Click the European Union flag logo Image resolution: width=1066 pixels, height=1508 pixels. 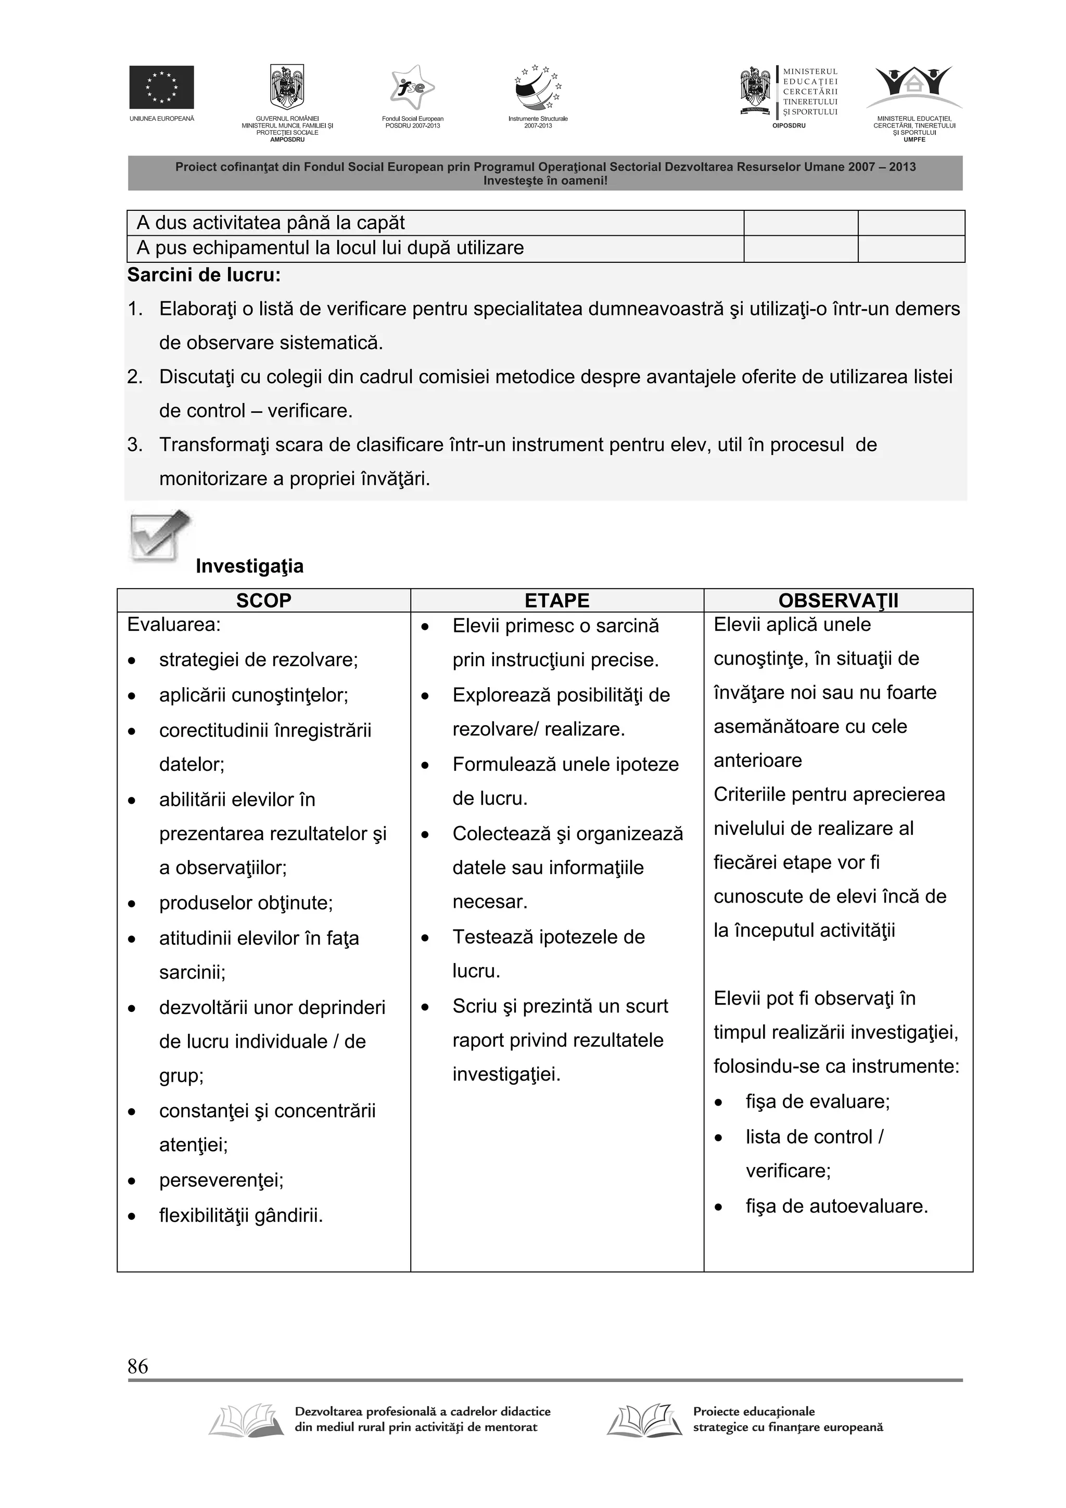click(x=161, y=87)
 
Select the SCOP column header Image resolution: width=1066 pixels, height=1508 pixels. click(x=263, y=600)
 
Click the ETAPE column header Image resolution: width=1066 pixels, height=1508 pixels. click(x=557, y=600)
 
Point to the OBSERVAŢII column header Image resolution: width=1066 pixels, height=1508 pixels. click(x=838, y=600)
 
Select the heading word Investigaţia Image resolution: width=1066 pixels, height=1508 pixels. click(x=250, y=566)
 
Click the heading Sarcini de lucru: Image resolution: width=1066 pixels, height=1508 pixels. click(x=204, y=275)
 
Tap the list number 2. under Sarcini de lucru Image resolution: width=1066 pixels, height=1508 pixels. click(x=135, y=377)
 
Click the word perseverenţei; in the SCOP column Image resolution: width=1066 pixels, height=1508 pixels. click(x=221, y=1180)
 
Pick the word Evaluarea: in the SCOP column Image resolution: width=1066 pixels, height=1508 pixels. click(x=174, y=625)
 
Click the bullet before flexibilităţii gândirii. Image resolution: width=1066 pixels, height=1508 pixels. click(x=132, y=1216)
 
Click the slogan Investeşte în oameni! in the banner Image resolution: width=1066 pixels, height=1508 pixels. click(x=545, y=181)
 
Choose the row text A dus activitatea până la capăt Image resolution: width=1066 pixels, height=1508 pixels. click(x=271, y=223)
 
